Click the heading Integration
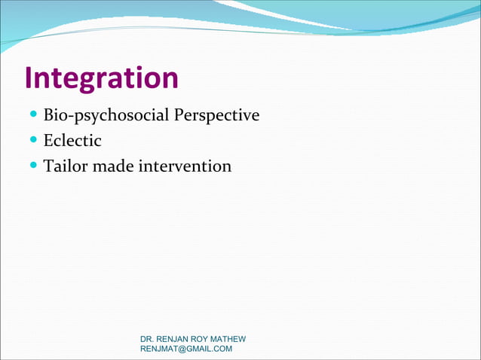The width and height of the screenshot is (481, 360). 101,78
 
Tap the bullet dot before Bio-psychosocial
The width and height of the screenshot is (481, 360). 34,116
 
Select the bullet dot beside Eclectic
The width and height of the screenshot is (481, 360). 34,141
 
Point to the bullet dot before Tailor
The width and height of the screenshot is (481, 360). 34,166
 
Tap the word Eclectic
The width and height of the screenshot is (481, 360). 72,141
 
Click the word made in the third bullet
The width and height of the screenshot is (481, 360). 113,166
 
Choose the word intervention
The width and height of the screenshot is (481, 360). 185,166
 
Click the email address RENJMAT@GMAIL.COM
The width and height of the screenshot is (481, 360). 186,349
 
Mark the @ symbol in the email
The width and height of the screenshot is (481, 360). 181,349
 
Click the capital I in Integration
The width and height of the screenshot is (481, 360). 29,78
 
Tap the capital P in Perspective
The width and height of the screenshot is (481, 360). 179,116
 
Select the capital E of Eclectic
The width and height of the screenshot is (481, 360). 48,141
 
